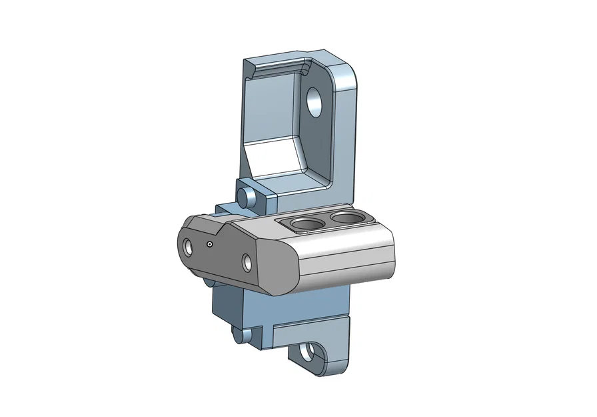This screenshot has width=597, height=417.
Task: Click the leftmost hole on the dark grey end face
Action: click(x=188, y=248)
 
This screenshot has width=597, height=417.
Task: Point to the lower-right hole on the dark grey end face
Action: click(x=248, y=262)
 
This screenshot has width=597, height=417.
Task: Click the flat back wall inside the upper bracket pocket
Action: click(x=270, y=107)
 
